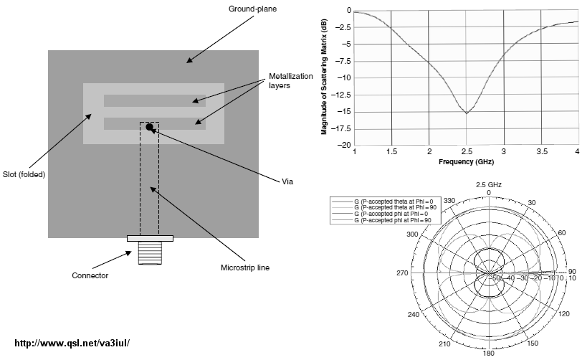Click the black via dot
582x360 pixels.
pos(149,127)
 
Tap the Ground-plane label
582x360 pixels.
pos(252,9)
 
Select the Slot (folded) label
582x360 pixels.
pos(24,174)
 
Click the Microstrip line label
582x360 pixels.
pos(245,267)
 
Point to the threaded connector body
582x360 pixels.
pos(150,252)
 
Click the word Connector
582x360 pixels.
pos(90,275)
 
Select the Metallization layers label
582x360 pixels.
pos(290,80)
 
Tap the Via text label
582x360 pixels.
pos(287,181)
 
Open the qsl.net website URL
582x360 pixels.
pos(72,343)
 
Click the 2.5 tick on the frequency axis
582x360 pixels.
pos(467,151)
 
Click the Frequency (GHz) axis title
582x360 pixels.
pos(466,161)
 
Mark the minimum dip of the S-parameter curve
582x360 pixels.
pos(466,113)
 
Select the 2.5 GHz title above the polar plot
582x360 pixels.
pos(489,184)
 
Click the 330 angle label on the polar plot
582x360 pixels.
pos(449,201)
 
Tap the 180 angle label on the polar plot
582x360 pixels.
pos(489,353)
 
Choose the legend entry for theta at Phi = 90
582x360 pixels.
pos(396,207)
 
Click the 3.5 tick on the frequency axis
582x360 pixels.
pos(542,151)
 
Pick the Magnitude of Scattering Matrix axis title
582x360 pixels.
pos(324,76)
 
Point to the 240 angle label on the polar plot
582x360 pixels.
pos(414,315)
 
